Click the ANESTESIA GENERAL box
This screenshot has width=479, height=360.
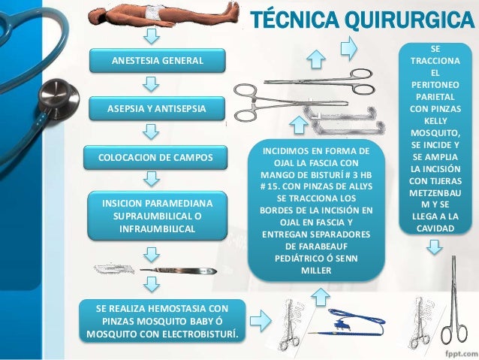pos(157,59)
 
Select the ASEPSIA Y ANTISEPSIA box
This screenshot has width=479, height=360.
pos(157,110)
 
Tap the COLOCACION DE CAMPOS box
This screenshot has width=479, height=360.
pos(157,158)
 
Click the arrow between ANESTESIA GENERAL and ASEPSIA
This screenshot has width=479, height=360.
pos(151,84)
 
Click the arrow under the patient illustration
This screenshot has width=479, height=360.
pos(151,37)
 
